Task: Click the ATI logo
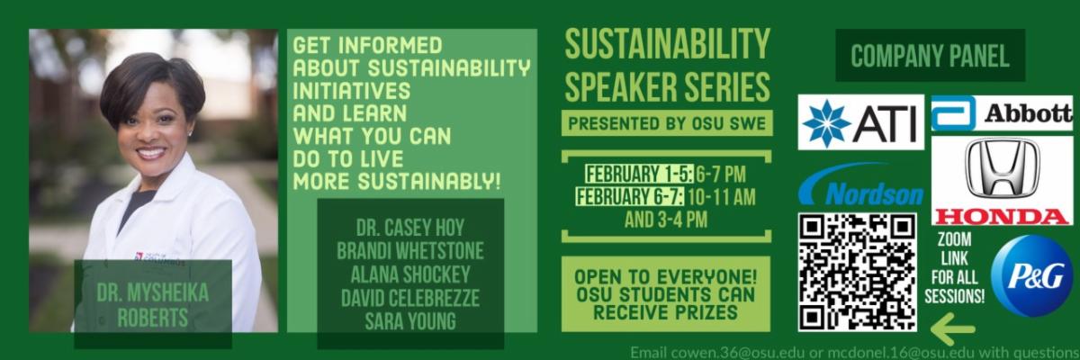point(860,121)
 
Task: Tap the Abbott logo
point(1002,113)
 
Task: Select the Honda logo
point(1002,181)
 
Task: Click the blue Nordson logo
point(860,184)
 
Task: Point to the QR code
point(857,272)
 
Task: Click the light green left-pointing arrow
point(952,329)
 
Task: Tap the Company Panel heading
point(930,56)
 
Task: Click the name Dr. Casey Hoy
point(410,228)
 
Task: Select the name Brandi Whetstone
point(410,250)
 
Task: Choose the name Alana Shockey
point(410,274)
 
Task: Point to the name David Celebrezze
point(410,298)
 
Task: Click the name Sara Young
point(410,321)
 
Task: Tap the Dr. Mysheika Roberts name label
point(153,305)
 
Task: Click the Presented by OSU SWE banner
point(667,123)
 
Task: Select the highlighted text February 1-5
point(639,175)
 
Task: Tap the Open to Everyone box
point(666,294)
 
